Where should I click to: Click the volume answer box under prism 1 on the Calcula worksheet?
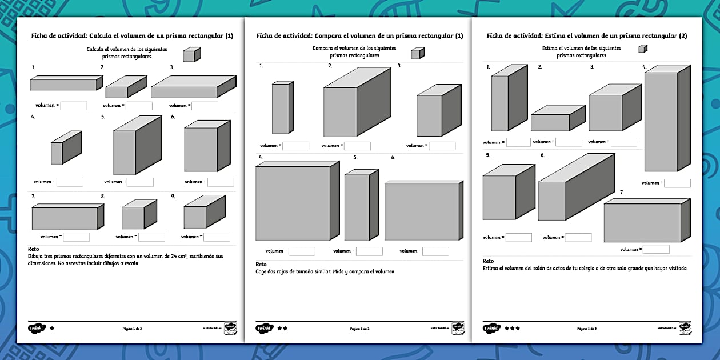tap(74, 106)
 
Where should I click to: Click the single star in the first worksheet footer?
tap(53, 329)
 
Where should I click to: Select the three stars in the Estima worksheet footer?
tap(513, 329)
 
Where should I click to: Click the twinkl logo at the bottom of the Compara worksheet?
tap(265, 329)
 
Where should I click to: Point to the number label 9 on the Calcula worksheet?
tap(173, 197)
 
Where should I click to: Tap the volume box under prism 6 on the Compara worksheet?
tap(435, 251)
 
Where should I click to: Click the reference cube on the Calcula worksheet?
tap(192, 54)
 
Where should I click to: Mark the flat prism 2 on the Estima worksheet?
tap(558, 118)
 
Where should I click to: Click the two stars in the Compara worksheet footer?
tap(282, 329)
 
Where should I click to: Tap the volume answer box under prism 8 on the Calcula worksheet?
tap(151, 237)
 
